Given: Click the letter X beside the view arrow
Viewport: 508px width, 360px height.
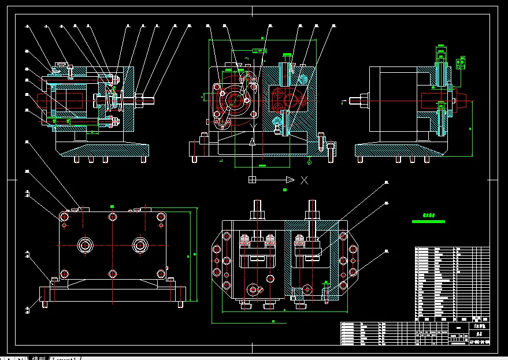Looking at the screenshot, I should [305, 180].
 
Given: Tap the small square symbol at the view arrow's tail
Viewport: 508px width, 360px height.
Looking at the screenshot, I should [252, 180].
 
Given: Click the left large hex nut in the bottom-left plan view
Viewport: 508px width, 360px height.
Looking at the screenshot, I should [86, 245].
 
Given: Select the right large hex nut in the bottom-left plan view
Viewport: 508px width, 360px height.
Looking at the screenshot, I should [139, 245].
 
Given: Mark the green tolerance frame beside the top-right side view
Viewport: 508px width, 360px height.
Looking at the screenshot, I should [461, 62].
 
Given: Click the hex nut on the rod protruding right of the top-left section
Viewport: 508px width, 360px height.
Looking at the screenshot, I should [140, 100].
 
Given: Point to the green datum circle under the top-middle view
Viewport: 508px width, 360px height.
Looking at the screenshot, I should [309, 162].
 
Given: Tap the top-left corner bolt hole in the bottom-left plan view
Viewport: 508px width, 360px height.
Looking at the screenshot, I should [64, 217].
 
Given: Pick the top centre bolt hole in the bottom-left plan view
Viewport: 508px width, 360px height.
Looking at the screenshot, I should [112, 217].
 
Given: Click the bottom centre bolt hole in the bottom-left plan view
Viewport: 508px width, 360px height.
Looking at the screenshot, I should [112, 273].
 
